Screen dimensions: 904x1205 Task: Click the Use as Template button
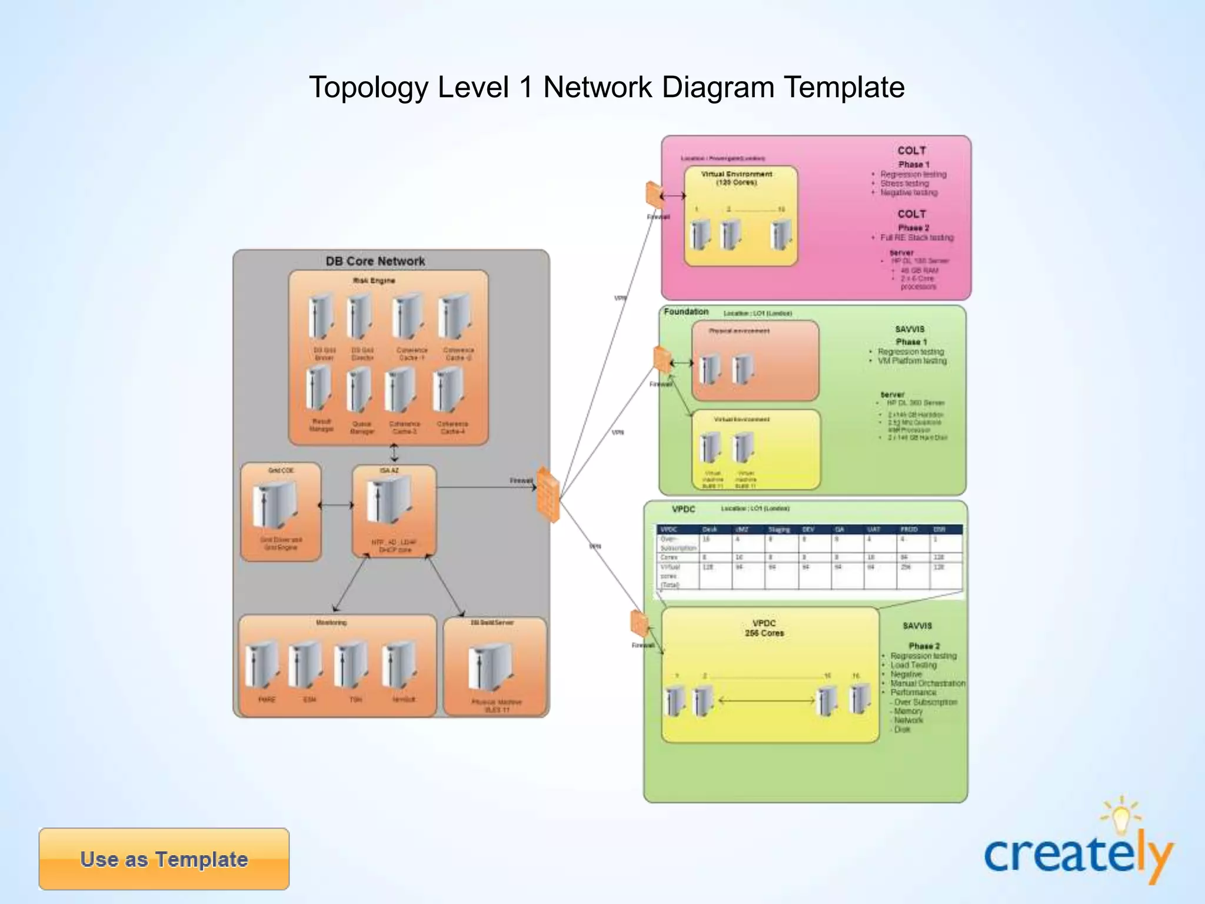[164, 859]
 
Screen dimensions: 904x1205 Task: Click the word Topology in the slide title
[368, 88]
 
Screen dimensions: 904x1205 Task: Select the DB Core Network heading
[375, 261]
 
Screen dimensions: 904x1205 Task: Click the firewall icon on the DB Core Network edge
[548, 494]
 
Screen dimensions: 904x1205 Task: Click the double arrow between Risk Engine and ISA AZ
[394, 453]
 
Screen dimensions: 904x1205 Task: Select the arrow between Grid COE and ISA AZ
[336, 505]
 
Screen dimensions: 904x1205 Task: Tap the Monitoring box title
[331, 623]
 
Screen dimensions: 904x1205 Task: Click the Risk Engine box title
[374, 281]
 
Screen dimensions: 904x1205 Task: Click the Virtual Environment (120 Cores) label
[737, 178]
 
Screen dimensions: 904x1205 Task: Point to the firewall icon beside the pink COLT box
[654, 194]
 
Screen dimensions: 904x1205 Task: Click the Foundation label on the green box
[686, 312]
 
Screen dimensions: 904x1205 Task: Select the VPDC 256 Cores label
[764, 628]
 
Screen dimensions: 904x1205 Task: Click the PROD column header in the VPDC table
[908, 529]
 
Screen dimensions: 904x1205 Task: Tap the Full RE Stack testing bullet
[916, 238]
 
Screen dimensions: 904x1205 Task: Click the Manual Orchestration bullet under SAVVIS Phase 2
[927, 683]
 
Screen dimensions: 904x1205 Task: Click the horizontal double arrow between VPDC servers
[767, 700]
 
